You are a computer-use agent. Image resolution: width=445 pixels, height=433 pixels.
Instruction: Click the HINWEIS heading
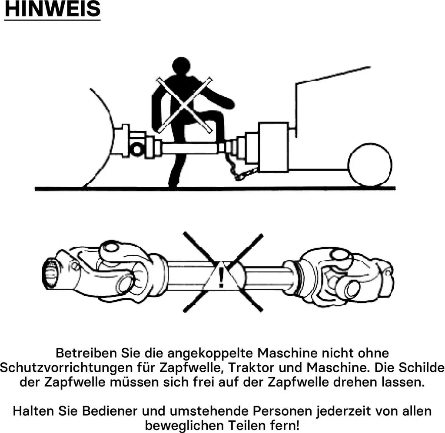pyautogui.click(x=53, y=9)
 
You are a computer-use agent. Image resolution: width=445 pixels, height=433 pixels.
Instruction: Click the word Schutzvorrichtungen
pyautogui.click(x=66, y=368)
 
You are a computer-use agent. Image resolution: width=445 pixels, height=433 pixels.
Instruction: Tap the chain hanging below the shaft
pyautogui.click(x=240, y=168)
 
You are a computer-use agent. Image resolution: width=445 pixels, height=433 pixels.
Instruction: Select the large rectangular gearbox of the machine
pyautogui.click(x=273, y=147)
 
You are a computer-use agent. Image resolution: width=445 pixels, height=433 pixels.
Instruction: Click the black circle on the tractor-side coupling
pyautogui.click(x=137, y=149)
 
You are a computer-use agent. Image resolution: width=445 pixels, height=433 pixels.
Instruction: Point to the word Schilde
pyautogui.click(x=422, y=368)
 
